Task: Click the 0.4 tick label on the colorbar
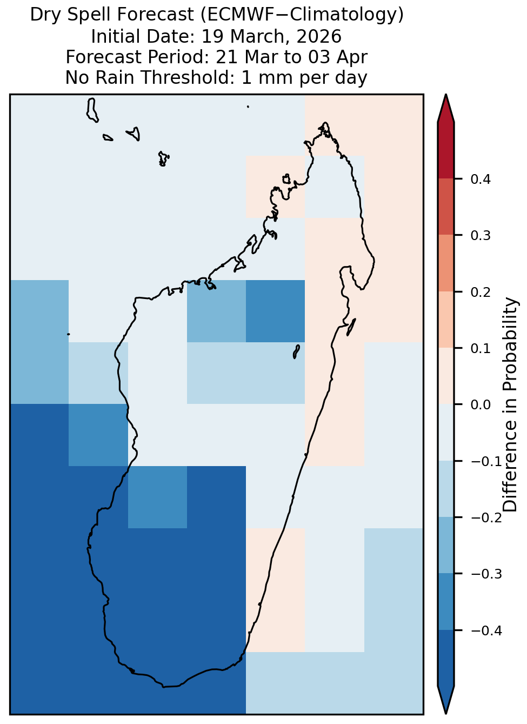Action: pyautogui.click(x=480, y=179)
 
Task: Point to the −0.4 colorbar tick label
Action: pyautogui.click(x=486, y=630)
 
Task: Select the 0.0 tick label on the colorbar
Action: pyautogui.click(x=480, y=404)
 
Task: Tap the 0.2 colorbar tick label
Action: pyautogui.click(x=480, y=292)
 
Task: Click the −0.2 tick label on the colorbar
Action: pyautogui.click(x=486, y=518)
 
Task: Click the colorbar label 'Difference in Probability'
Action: pyautogui.click(x=510, y=404)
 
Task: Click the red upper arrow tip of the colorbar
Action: pyautogui.click(x=446, y=95)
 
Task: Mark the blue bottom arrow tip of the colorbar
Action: pyautogui.click(x=446, y=713)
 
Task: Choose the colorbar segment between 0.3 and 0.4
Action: pyautogui.click(x=446, y=207)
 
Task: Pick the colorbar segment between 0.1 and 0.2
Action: pyautogui.click(x=446, y=320)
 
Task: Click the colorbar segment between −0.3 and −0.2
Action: pyautogui.click(x=446, y=545)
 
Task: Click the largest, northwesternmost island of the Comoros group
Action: pyautogui.click(x=92, y=110)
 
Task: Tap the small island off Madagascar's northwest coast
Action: pyautogui.click(x=286, y=179)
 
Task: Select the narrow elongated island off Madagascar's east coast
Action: pyautogui.click(x=351, y=327)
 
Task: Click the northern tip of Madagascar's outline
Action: pyautogui.click(x=325, y=123)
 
